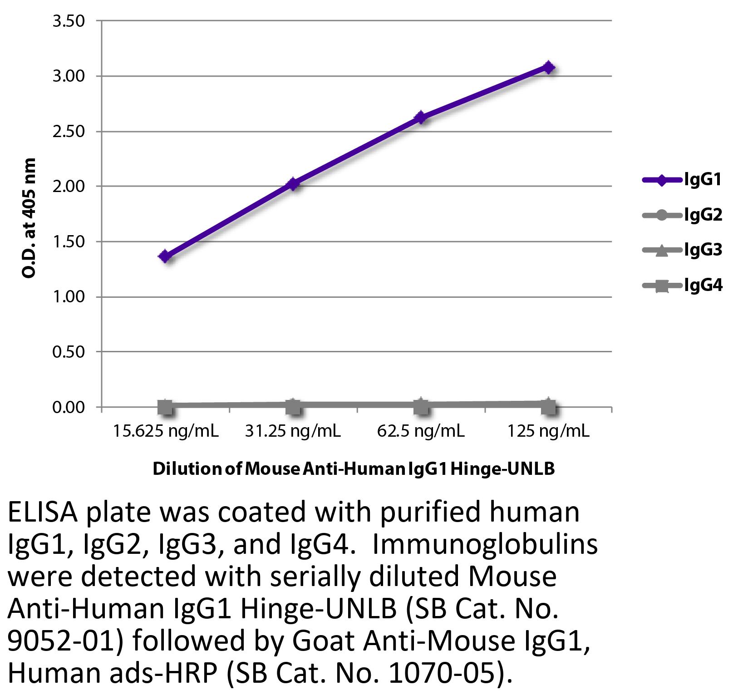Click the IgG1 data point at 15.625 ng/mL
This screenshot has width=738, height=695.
(x=165, y=256)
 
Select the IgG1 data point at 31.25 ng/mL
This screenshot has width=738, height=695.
(x=293, y=184)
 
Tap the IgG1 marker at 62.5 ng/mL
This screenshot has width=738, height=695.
(x=421, y=118)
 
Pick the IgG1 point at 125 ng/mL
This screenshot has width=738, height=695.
(x=549, y=68)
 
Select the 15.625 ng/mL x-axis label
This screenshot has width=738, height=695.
(x=166, y=431)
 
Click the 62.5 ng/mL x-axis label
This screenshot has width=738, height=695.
(x=421, y=431)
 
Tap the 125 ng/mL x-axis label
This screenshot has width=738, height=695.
(x=549, y=431)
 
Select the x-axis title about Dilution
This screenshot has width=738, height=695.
(x=354, y=468)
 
